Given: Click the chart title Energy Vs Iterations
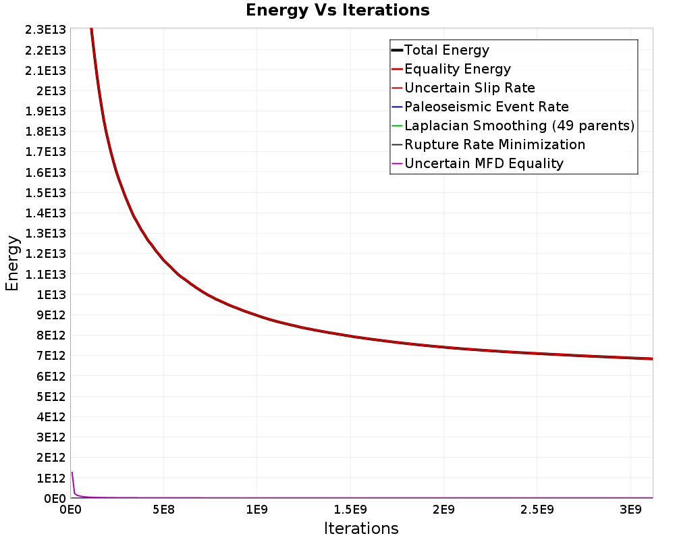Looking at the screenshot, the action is pyautogui.click(x=337, y=10).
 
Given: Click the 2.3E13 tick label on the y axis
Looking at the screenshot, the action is pyautogui.click(x=46, y=30).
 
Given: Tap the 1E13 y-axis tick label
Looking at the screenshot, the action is pyautogui.click(x=51, y=294).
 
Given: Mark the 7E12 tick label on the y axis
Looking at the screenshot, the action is pyautogui.click(x=51, y=356).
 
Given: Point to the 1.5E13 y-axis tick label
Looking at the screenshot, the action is pyautogui.click(x=46, y=192).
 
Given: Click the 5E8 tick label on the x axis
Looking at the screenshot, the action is pyautogui.click(x=163, y=510).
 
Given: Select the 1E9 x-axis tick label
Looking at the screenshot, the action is pyautogui.click(x=257, y=510).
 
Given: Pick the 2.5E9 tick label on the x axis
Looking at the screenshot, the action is pyautogui.click(x=537, y=510).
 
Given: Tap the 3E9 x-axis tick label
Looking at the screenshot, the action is pyautogui.click(x=630, y=510).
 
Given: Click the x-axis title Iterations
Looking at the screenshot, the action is pyautogui.click(x=361, y=529).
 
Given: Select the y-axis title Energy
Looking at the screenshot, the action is pyautogui.click(x=12, y=263).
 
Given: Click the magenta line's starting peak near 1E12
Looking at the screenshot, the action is pyautogui.click(x=72, y=473).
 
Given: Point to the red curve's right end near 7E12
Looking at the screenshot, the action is pyautogui.click(x=653, y=358).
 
